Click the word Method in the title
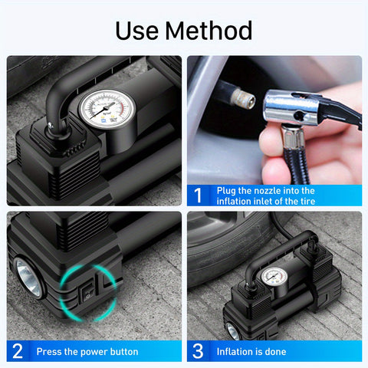click(209, 31)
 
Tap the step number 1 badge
click(198, 195)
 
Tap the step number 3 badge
click(198, 351)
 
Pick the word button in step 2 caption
click(123, 352)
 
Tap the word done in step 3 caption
click(274, 352)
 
